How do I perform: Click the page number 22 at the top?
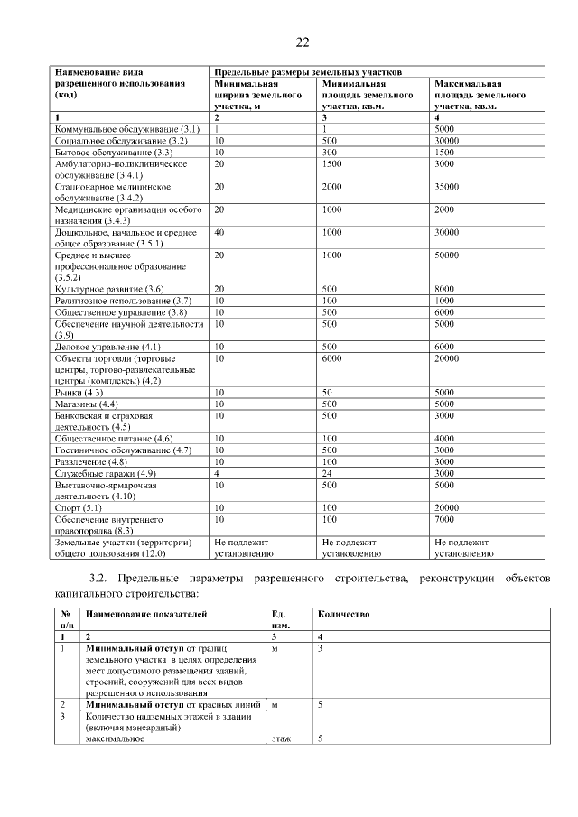[302, 42]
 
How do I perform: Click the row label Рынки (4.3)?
[79, 393]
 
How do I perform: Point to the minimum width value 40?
[219, 232]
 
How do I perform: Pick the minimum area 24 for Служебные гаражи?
[328, 473]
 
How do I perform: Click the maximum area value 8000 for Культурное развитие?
[444, 289]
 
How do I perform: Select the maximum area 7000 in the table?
[444, 519]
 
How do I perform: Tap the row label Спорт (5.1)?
[78, 508]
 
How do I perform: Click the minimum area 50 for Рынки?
[328, 393]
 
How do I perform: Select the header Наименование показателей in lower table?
[146, 614]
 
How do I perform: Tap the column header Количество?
[343, 614]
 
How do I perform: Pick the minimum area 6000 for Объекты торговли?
[331, 358]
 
